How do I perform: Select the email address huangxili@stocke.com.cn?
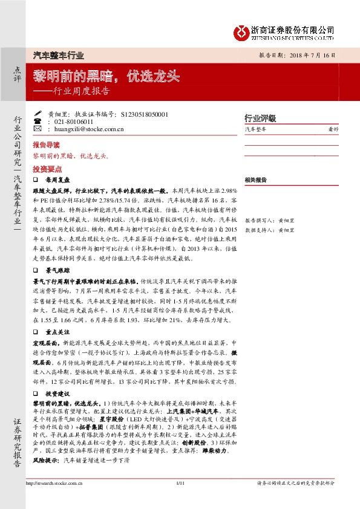[88, 129]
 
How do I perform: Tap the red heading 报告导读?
[46, 146]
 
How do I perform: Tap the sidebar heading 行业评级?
[260, 117]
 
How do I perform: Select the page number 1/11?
[180, 500]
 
